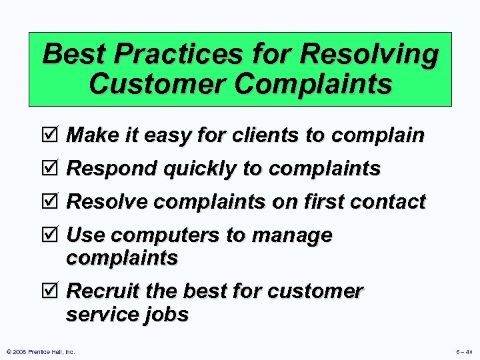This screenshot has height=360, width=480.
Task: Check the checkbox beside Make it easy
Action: coord(54,135)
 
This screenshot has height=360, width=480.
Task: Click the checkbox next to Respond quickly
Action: coord(54,168)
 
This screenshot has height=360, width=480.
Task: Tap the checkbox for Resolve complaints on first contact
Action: coord(54,201)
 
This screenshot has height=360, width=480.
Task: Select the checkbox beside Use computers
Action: coord(54,235)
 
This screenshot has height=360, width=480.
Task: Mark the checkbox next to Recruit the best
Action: coord(54,291)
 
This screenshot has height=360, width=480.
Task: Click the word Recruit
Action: coord(103,291)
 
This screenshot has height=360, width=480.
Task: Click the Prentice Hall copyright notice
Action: coord(40,351)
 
